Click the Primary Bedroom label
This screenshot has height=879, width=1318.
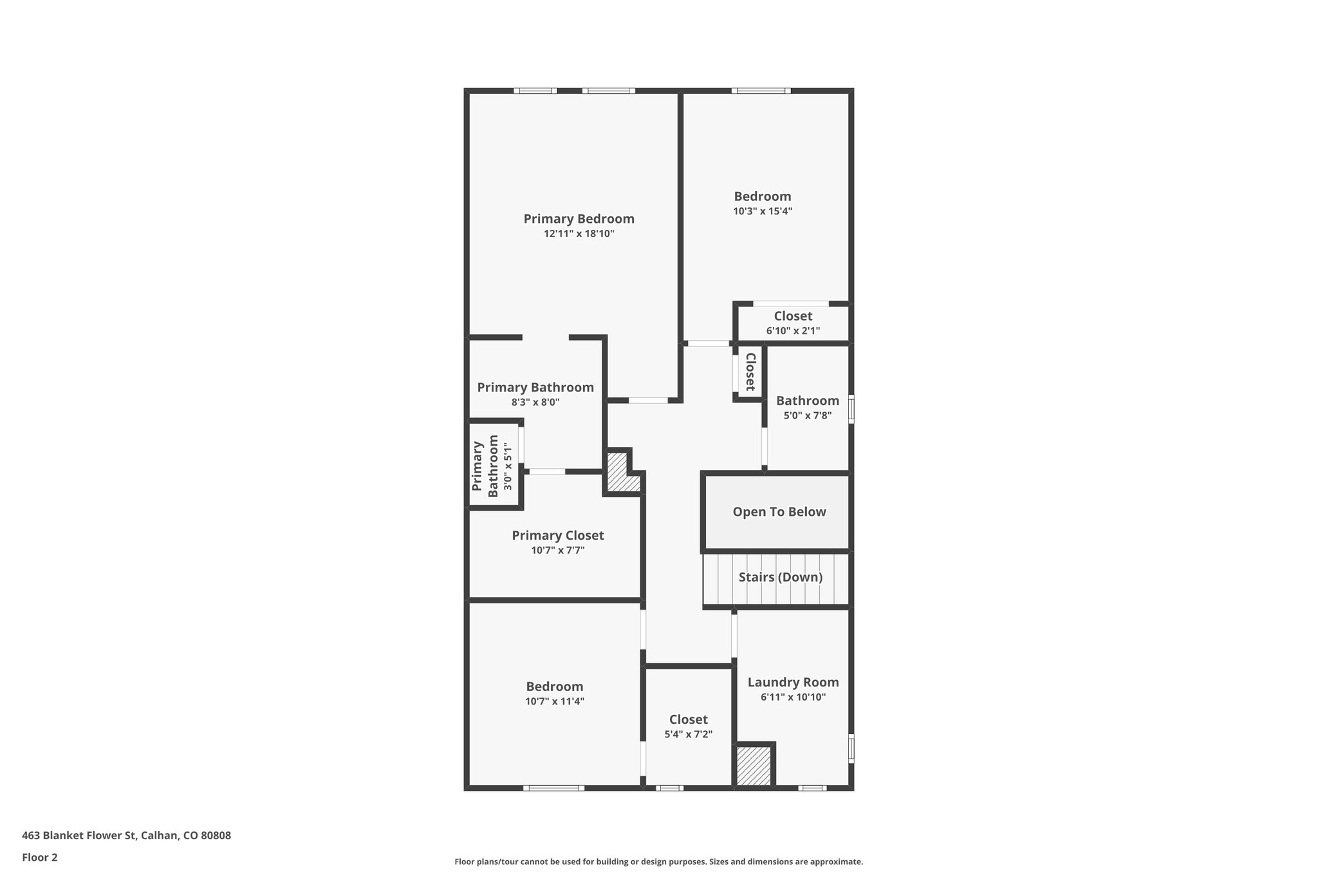click(579, 219)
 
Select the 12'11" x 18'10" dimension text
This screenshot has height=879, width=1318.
click(579, 234)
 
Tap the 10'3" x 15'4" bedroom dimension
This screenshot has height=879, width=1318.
click(762, 211)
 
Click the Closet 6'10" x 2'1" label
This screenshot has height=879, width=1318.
click(793, 316)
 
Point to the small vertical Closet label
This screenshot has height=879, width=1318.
click(750, 372)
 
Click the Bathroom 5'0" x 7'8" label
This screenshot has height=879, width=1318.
click(807, 401)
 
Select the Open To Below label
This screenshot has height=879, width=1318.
click(779, 512)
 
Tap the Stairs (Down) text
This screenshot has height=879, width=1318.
click(780, 577)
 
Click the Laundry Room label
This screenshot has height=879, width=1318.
click(793, 682)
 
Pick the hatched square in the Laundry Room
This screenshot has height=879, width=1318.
click(754, 766)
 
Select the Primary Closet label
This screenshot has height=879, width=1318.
click(557, 536)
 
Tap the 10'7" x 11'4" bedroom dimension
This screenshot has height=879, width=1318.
click(554, 702)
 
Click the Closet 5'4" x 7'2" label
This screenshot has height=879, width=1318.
click(688, 720)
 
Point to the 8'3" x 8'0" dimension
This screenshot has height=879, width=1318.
click(535, 402)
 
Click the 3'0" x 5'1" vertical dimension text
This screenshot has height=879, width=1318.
click(508, 466)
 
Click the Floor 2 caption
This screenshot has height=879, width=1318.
click(40, 857)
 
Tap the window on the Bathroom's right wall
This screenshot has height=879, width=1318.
click(851, 409)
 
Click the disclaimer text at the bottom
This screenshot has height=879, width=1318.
click(658, 862)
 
